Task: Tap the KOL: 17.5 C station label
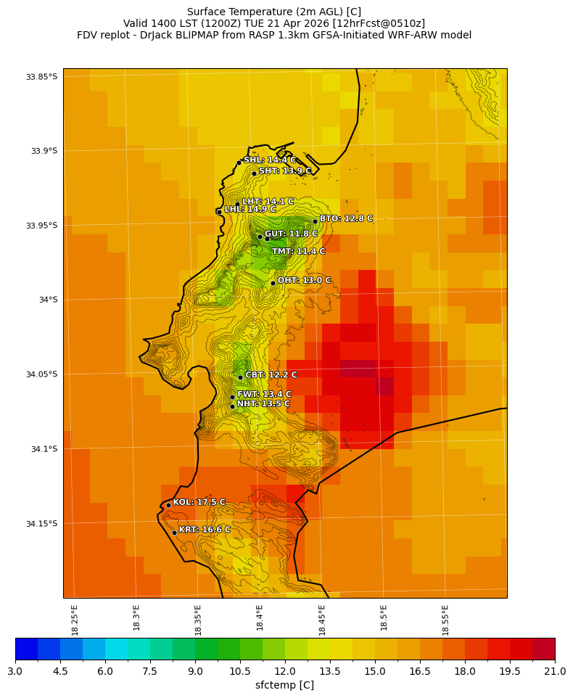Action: (x=199, y=502)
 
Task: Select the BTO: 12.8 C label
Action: (x=346, y=218)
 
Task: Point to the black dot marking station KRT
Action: (x=174, y=533)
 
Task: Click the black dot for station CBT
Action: (x=240, y=377)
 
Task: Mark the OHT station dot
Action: (x=273, y=283)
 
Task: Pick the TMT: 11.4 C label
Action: (x=298, y=252)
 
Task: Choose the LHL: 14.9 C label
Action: (x=250, y=209)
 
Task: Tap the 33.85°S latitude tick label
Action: (x=41, y=76)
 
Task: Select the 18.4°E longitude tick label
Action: (x=260, y=617)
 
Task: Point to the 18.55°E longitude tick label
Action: (x=445, y=617)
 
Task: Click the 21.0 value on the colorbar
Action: (x=555, y=671)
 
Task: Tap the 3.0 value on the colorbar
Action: (x=15, y=671)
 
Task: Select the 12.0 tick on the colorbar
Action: (x=285, y=671)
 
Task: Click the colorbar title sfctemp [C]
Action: (x=285, y=685)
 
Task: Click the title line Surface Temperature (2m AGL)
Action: (x=274, y=12)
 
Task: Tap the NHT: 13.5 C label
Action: (x=263, y=404)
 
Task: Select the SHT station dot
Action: (x=254, y=173)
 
